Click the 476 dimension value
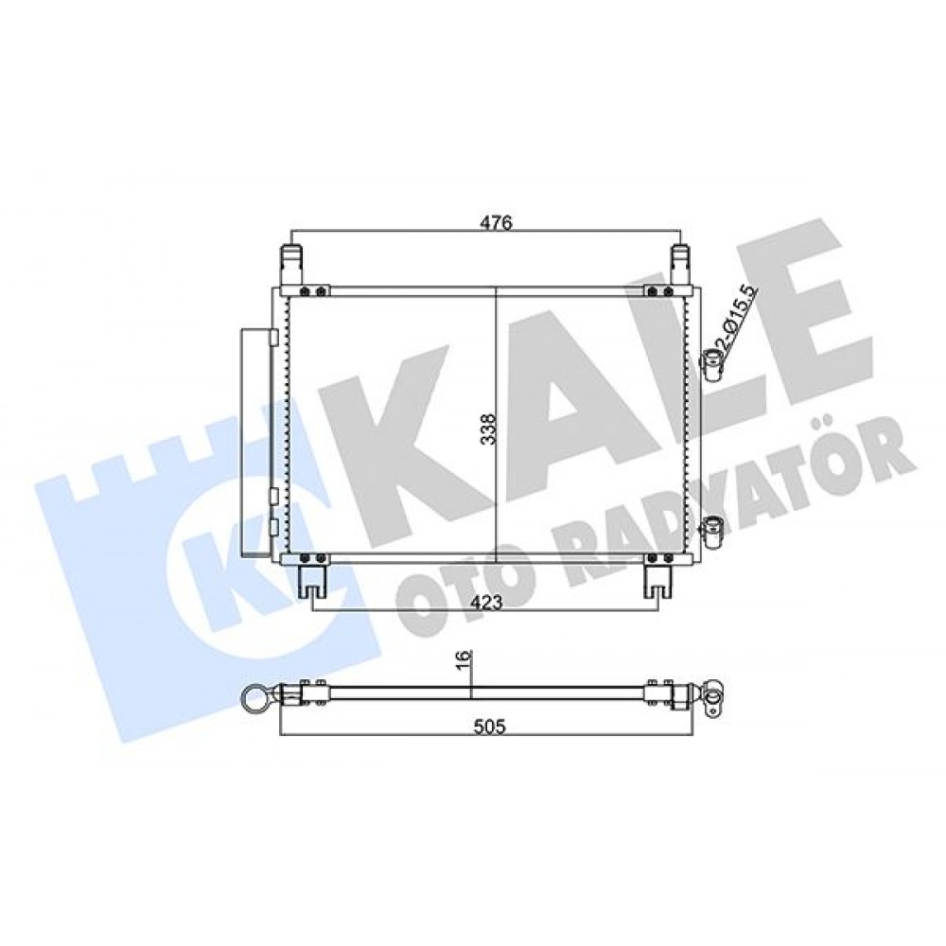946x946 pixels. [496, 222]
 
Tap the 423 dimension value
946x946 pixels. [487, 603]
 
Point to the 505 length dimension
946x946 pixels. [489, 727]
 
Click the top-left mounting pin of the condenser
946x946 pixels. [291, 265]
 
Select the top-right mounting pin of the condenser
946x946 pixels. [682, 265]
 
